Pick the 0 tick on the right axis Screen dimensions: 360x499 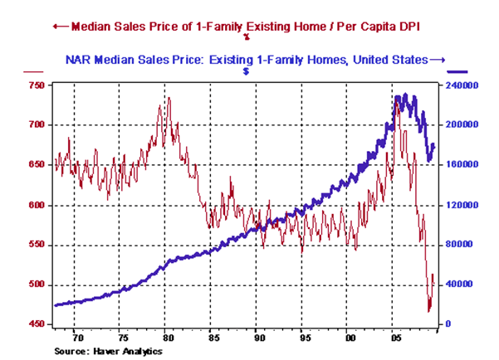click(x=448, y=324)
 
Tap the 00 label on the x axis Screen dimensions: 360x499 click(x=350, y=338)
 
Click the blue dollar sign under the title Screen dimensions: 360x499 click(x=247, y=71)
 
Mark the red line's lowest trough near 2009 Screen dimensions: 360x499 click(x=429, y=312)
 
